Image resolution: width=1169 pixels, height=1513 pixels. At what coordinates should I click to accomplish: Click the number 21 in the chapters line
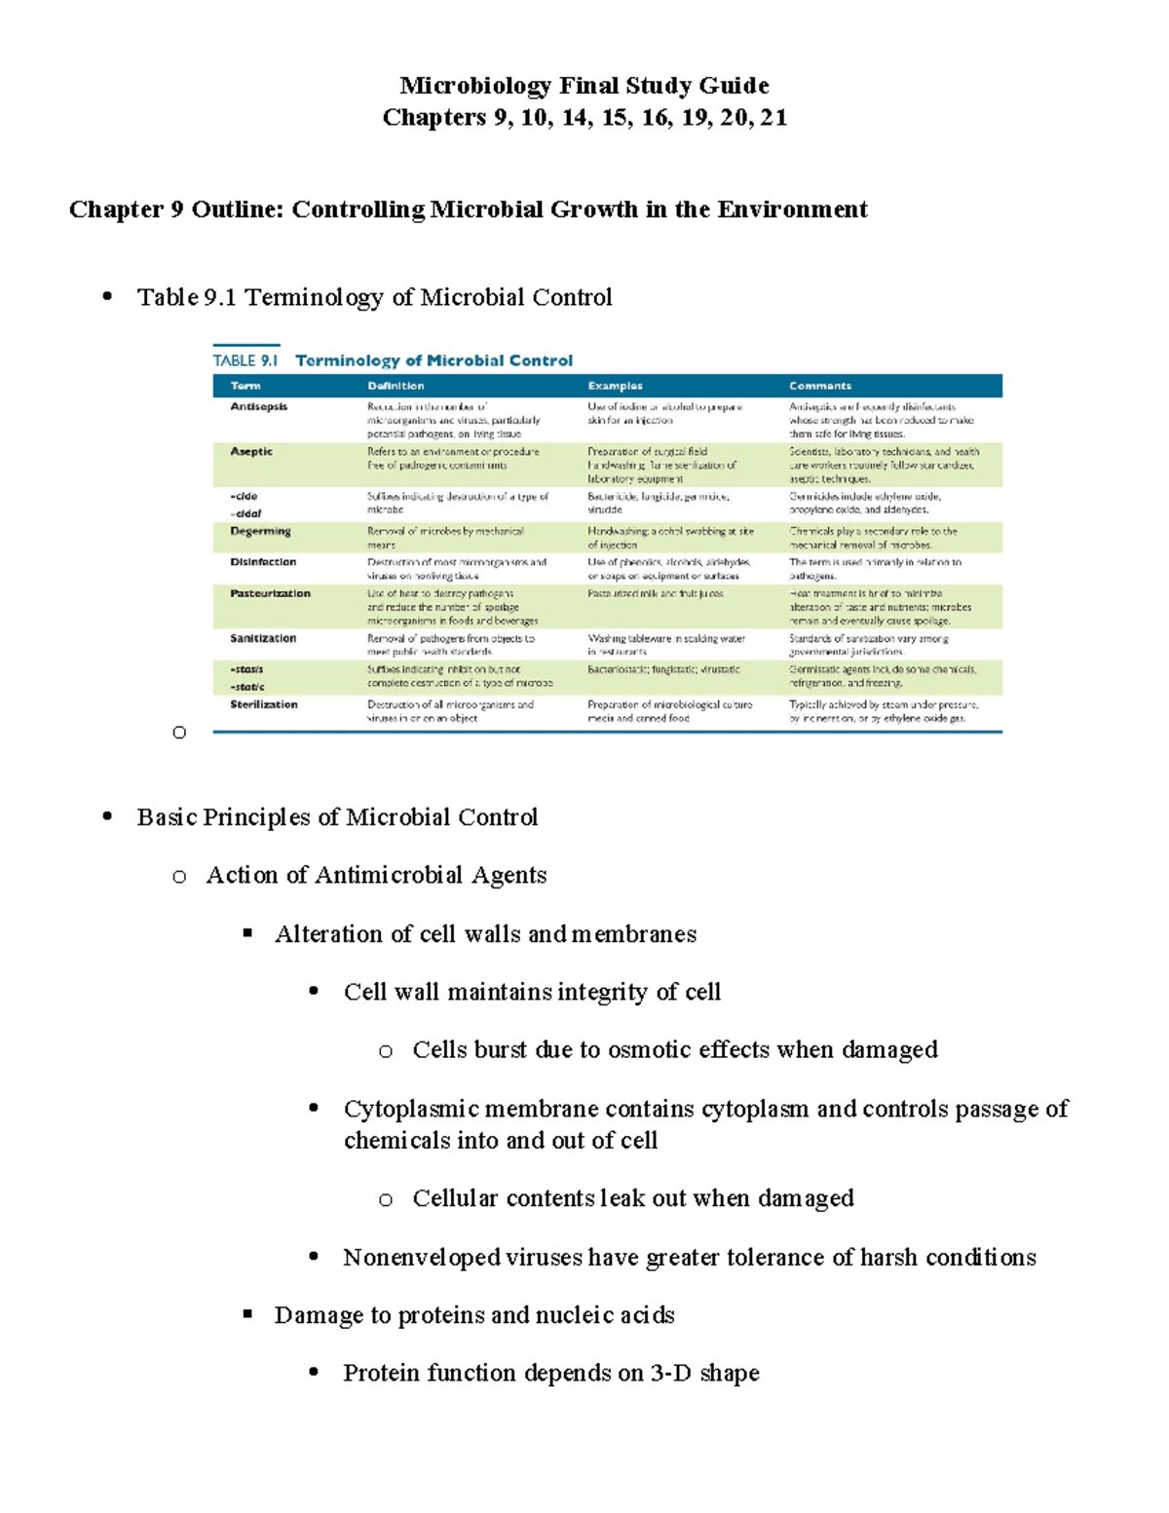coord(773,118)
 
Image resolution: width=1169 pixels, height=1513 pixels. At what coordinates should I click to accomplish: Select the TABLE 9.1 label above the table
coord(245,360)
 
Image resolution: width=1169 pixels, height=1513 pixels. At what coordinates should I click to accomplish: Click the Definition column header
coord(396,386)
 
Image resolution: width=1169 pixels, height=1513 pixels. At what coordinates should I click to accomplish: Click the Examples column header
coord(615,386)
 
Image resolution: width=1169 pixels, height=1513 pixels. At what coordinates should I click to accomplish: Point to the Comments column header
coord(820,386)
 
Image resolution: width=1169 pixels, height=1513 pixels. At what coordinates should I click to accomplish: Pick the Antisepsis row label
coord(258,406)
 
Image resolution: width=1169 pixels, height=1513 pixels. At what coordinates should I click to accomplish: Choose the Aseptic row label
coord(251,451)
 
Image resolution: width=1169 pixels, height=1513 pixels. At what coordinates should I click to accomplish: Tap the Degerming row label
coord(260,531)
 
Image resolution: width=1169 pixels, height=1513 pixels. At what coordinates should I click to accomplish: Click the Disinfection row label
coord(263,562)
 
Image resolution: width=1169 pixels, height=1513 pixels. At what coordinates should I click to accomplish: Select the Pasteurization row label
coord(270,593)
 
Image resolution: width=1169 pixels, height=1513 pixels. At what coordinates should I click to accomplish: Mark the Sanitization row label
coord(263,638)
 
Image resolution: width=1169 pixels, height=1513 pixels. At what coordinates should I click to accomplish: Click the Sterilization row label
coord(264,704)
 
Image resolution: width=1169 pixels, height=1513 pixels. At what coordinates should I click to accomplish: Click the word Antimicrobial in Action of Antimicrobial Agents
coord(389,875)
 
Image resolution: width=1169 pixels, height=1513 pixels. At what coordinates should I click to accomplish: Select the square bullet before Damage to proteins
coord(247,1314)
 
